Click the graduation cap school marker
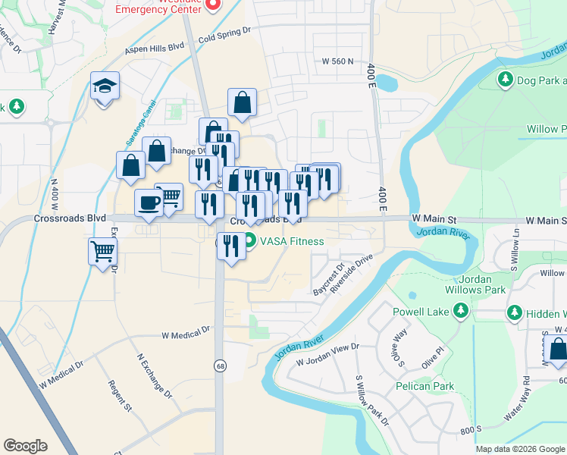coord(105,86)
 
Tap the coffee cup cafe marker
coord(148,203)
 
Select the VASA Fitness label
coord(292,242)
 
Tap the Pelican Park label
coord(424,386)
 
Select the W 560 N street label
coord(337,61)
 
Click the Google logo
coord(25,445)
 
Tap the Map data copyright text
coord(519,449)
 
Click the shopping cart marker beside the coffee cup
coord(169,197)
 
